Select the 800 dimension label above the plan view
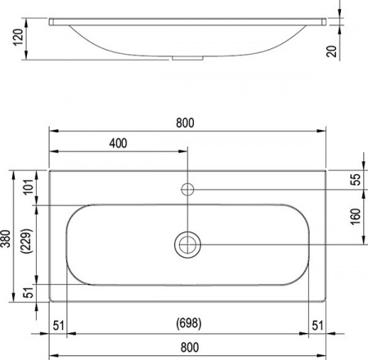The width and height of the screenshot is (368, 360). (x=187, y=122)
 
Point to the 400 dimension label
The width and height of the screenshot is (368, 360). (x=118, y=144)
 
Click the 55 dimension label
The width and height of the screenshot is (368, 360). (x=355, y=181)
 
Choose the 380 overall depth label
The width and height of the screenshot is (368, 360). (x=7, y=237)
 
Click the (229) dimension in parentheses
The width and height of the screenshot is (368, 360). (x=28, y=243)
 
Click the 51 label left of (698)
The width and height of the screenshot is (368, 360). (x=59, y=326)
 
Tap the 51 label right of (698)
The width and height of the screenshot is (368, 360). (x=317, y=326)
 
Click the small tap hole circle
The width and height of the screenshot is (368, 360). (x=187, y=190)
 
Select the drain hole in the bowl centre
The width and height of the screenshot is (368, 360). (x=187, y=244)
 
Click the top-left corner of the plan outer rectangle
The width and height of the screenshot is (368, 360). (x=50, y=170)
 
